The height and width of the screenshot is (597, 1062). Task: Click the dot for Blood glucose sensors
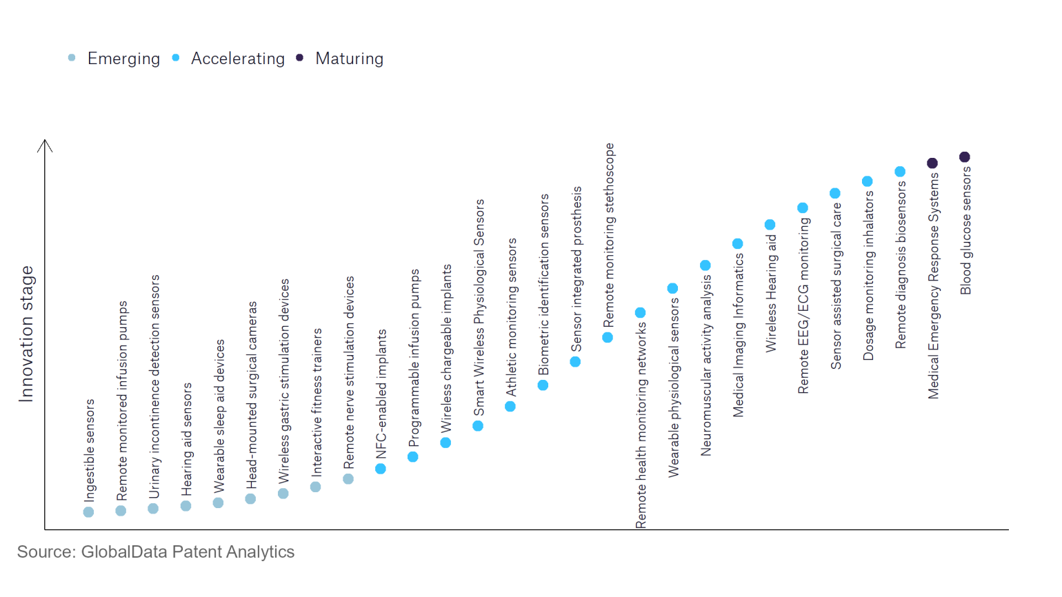pos(965,157)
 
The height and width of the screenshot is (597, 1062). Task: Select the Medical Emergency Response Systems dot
pos(932,163)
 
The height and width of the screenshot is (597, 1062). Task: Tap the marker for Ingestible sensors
pos(88,512)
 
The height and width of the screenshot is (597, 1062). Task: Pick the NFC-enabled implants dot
pos(381,469)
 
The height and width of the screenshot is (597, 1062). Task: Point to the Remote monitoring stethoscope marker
pos(608,338)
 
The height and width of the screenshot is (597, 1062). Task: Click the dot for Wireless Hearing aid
pos(770,225)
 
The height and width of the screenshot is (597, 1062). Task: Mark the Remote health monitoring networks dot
pos(640,313)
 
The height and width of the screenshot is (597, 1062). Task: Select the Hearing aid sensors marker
pos(186,506)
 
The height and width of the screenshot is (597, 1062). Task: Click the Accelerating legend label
pos(237,59)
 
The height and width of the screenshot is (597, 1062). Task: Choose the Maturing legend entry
pos(349,59)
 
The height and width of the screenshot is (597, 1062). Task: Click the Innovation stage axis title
pos(26,334)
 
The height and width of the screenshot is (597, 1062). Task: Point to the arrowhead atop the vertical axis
pos(45,143)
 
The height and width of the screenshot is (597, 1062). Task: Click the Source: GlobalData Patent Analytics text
pos(156,552)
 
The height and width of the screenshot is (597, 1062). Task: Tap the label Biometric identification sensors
pos(544,284)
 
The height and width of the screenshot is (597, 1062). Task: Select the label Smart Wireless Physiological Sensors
pos(479,307)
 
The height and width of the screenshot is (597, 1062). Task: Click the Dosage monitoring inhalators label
pos(868,275)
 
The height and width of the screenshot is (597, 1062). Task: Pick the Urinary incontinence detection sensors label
pos(154,386)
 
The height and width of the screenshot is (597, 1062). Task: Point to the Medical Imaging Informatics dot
pos(738,244)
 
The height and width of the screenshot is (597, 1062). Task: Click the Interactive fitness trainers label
pos(317,403)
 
